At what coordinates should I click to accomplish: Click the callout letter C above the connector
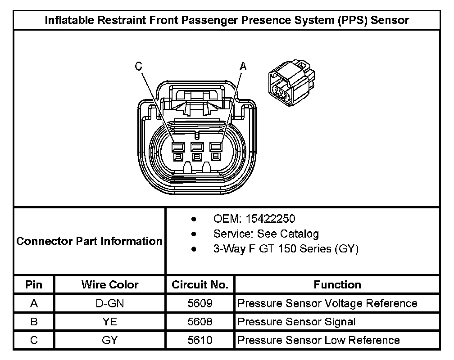coord(139,66)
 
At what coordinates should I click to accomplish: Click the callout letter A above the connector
coord(243,67)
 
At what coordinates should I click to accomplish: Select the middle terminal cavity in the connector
coord(197,147)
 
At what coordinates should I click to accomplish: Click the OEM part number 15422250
coord(269,219)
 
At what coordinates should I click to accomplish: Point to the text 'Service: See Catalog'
coord(266,234)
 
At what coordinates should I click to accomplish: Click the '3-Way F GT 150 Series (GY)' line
coord(286,249)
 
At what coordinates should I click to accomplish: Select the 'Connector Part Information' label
coord(89,241)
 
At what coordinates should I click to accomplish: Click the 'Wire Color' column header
coord(110,285)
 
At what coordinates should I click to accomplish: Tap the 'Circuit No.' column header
coord(200,285)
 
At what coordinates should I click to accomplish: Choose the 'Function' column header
coord(337,285)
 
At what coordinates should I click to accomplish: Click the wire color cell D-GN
coord(110,303)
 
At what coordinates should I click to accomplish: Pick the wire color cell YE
coord(110,322)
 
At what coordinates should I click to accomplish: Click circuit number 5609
coord(200,303)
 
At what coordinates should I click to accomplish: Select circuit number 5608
coord(200,322)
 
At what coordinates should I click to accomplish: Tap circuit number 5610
coord(200,340)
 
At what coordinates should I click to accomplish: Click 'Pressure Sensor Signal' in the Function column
coord(296,322)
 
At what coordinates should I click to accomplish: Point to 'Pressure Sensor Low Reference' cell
coord(318,340)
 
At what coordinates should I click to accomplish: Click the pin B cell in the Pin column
coord(34,322)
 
